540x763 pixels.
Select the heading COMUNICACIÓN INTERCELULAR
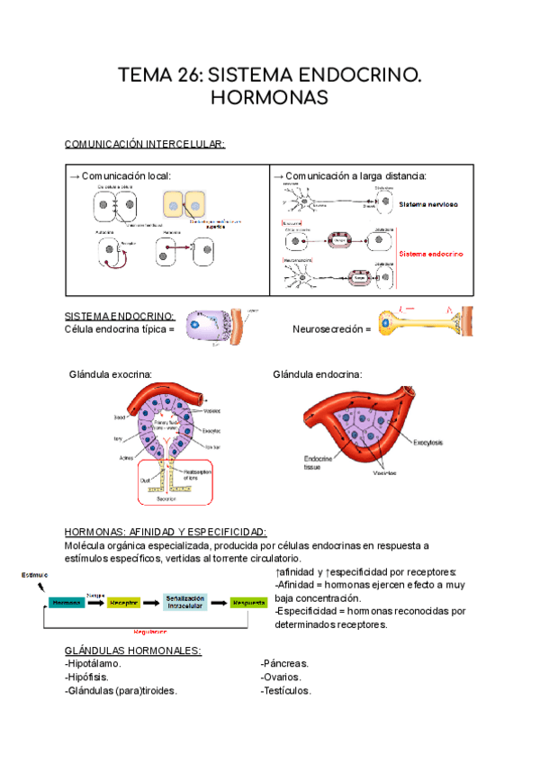(x=145, y=144)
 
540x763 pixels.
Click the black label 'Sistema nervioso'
(x=428, y=204)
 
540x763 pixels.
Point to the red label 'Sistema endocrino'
(x=431, y=255)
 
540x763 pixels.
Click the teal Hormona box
(x=67, y=603)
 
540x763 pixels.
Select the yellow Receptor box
(x=124, y=603)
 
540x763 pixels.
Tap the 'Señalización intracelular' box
(x=185, y=603)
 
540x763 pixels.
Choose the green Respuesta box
(x=248, y=603)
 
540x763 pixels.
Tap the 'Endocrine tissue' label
(x=319, y=462)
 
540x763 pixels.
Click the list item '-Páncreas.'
(x=286, y=664)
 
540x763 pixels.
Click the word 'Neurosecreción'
(x=326, y=329)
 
